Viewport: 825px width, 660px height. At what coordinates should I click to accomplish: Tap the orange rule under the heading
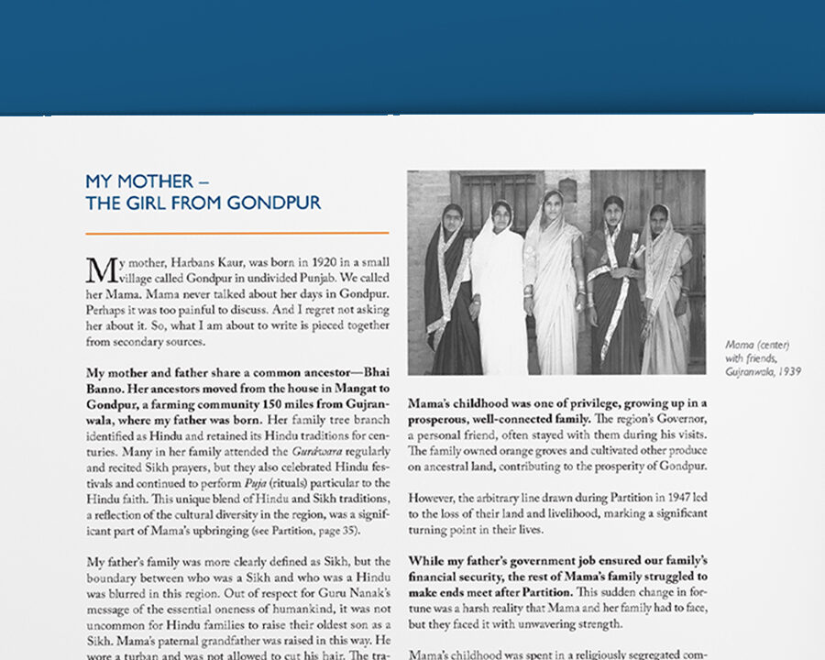click(236, 234)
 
